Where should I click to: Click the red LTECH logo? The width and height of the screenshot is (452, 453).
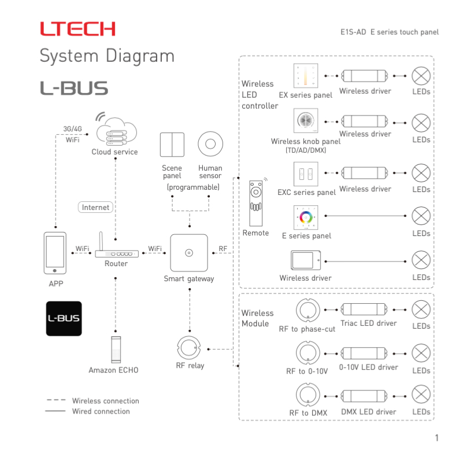click(77, 29)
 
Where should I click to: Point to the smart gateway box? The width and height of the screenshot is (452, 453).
click(188, 253)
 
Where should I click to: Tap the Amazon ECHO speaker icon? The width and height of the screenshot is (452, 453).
click(116, 349)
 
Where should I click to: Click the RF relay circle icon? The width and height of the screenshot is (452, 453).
click(190, 347)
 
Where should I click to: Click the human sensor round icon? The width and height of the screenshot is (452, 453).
click(210, 145)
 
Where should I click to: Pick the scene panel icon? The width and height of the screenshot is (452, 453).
click(172, 145)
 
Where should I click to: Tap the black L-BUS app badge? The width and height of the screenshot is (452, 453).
click(64, 318)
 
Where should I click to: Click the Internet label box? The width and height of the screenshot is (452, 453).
click(95, 207)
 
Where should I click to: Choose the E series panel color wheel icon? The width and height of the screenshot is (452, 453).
click(306, 217)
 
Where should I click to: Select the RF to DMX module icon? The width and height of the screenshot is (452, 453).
click(307, 395)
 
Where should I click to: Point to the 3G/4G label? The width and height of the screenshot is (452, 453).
click(72, 128)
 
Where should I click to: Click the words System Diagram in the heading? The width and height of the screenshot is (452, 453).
click(107, 56)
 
